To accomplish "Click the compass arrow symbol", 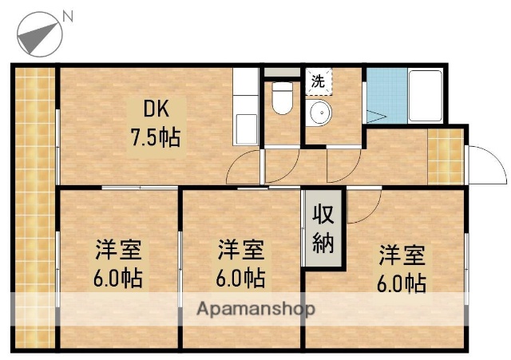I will (38, 34).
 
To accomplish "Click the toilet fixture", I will (281, 99).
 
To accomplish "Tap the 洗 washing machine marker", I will (318, 81).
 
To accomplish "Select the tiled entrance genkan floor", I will (445, 156).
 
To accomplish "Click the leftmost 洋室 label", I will (119, 250).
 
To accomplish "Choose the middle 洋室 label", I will (241, 250).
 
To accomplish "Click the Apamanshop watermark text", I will (255, 308).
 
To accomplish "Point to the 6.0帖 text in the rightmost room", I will (402, 283).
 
